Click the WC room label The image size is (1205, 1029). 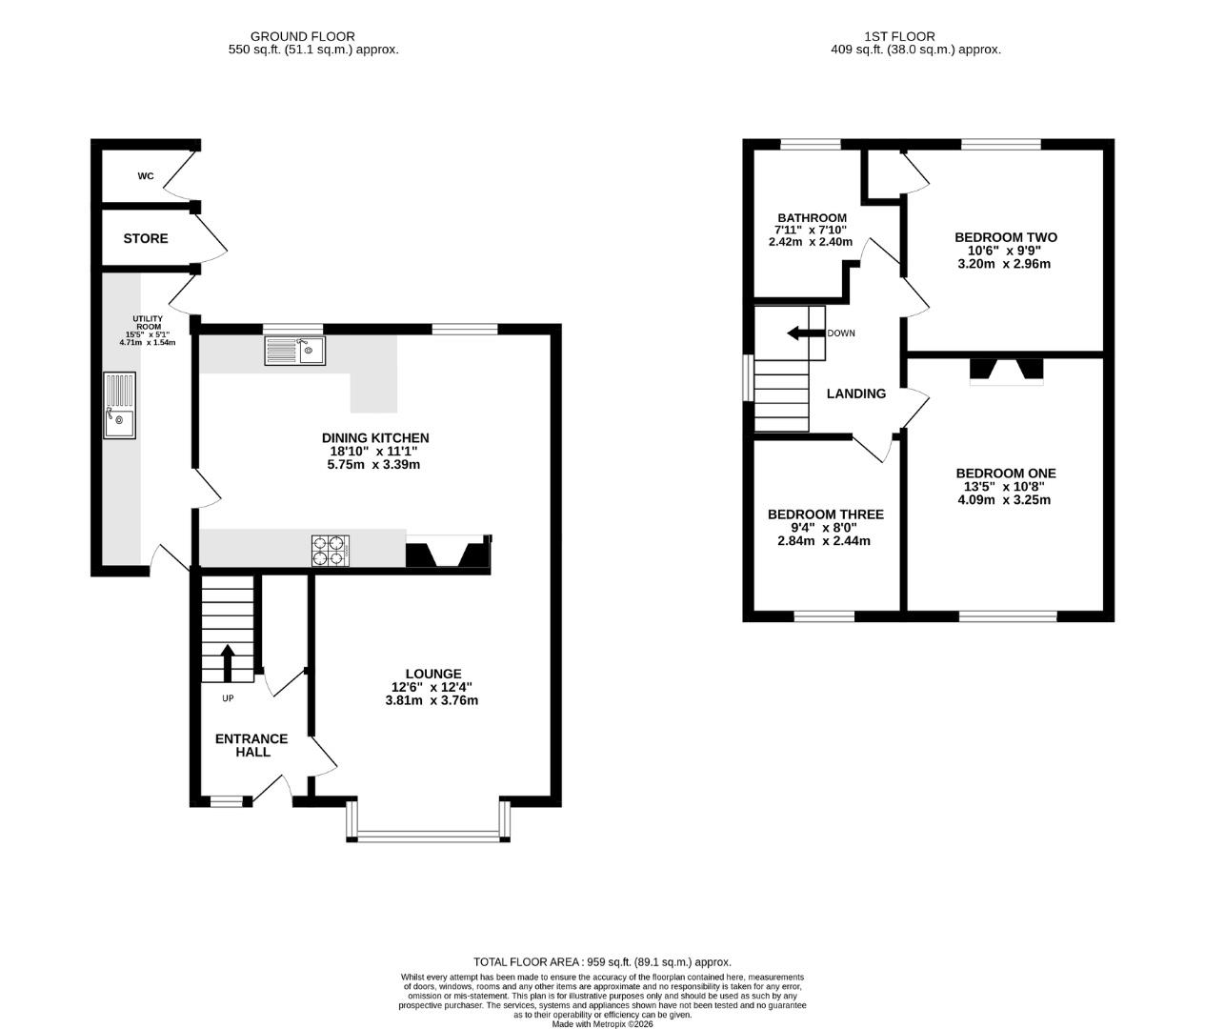point(146,176)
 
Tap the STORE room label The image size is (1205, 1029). point(146,238)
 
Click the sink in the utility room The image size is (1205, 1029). point(119,405)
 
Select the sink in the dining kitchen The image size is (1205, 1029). point(295,351)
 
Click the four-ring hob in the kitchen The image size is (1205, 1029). point(331,551)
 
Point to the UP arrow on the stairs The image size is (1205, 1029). point(228,663)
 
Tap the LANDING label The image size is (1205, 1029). point(856,394)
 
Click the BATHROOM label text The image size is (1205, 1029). point(813,218)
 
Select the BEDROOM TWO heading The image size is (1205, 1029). point(1006,237)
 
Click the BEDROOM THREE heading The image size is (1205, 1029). point(826,514)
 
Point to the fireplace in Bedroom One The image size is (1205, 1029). point(1006,372)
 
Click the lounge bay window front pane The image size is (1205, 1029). point(429,836)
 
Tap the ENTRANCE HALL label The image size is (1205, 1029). point(251,745)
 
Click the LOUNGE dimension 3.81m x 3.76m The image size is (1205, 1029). point(432,700)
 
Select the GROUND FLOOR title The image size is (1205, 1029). point(303,37)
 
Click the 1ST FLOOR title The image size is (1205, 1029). point(899,37)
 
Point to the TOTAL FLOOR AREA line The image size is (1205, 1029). point(602,962)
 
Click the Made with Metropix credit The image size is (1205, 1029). point(602,1023)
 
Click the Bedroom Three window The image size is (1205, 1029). point(824,616)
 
